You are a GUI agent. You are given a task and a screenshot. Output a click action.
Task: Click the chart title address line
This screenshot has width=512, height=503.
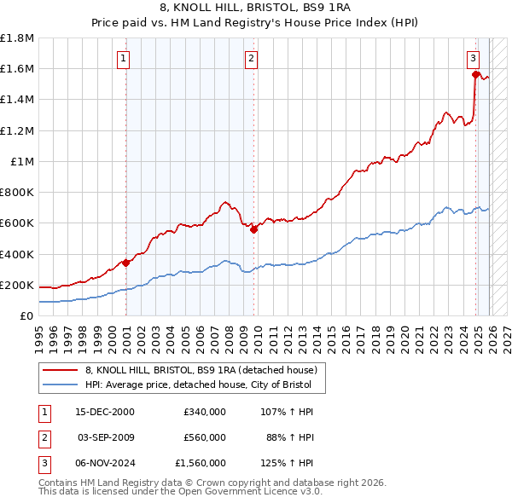[x=256, y=8]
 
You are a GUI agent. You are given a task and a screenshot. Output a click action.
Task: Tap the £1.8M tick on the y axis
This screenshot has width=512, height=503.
[x=17, y=38]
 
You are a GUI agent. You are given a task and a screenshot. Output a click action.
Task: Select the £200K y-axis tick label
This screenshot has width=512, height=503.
[x=17, y=285]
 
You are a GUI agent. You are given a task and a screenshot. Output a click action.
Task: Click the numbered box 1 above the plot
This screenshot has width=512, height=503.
[x=125, y=59]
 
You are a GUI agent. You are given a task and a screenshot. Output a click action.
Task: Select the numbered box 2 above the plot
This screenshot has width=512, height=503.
[x=252, y=59]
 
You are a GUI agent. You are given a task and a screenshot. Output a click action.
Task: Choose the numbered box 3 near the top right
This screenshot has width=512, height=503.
[x=473, y=59]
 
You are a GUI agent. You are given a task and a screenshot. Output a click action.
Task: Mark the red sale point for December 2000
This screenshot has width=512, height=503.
[x=126, y=263]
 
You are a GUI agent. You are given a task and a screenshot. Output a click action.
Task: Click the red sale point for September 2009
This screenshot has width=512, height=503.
[x=253, y=229]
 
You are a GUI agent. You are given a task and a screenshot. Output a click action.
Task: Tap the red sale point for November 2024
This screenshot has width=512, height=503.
[x=475, y=75]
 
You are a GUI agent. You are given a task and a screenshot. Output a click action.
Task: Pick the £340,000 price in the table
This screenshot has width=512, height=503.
[x=205, y=412]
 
